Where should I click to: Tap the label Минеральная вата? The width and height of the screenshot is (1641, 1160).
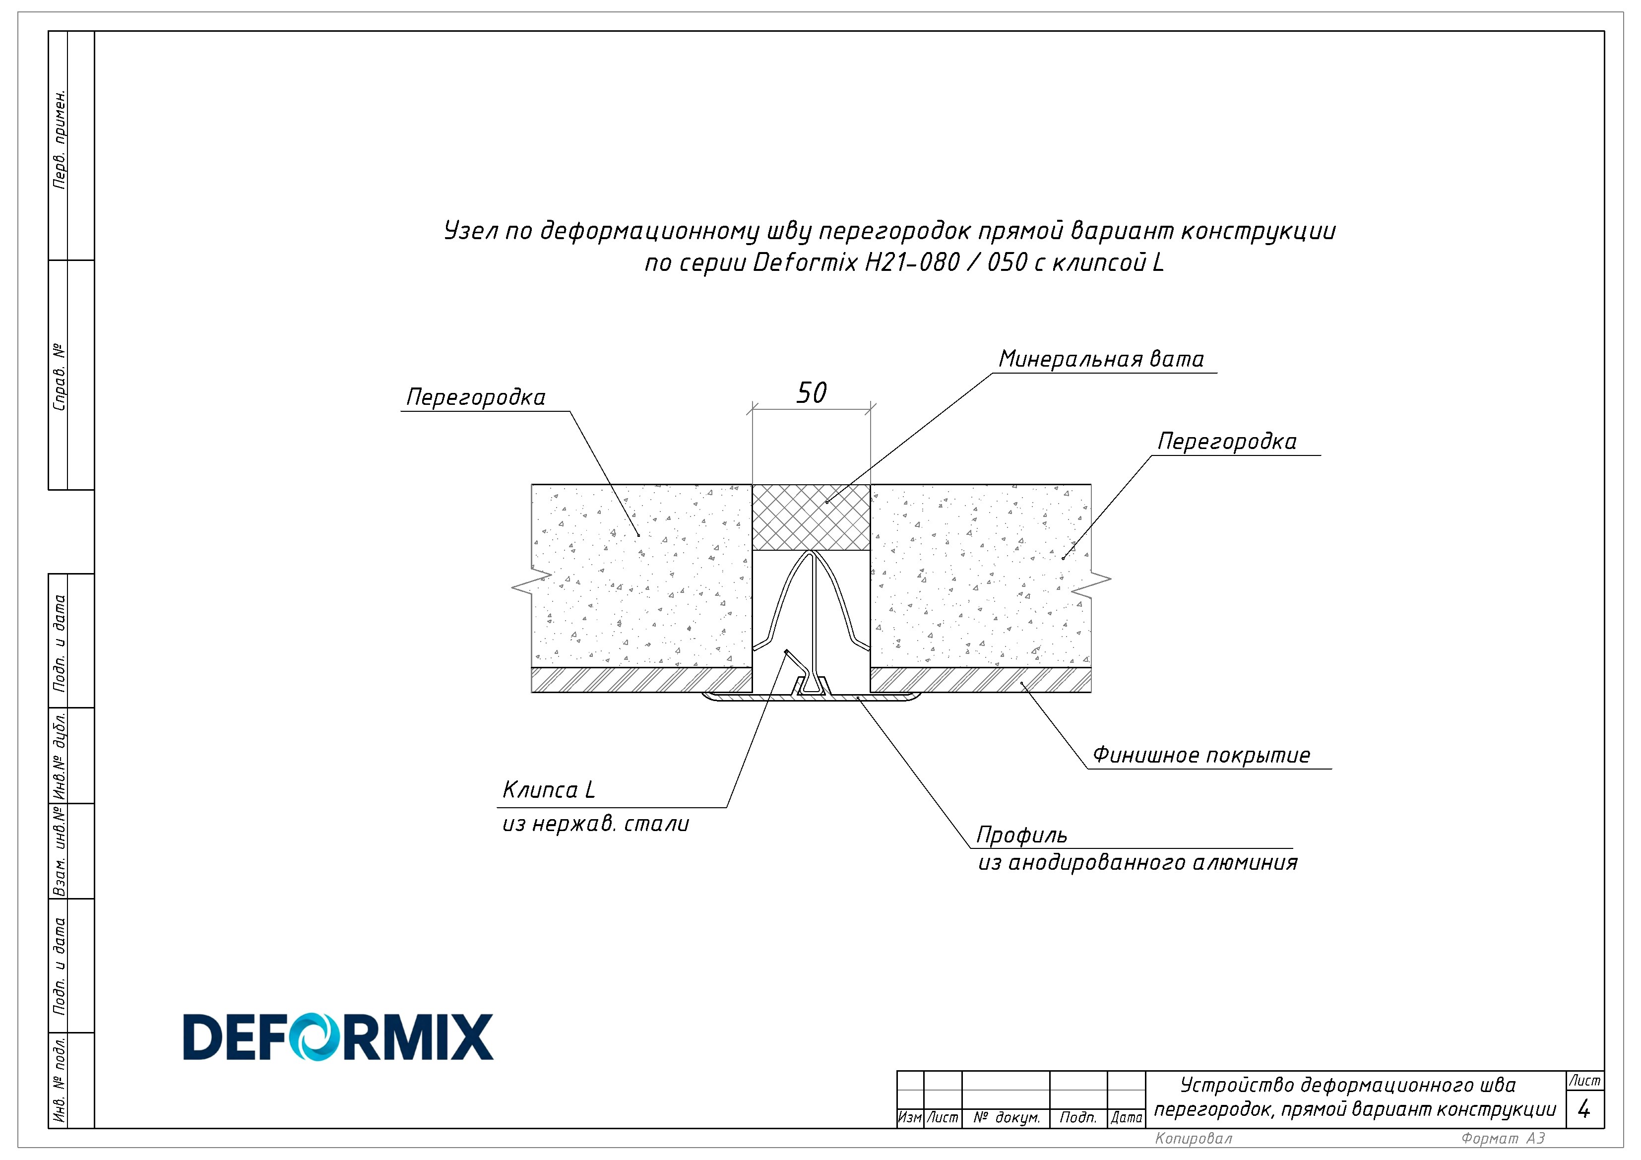[1101, 359]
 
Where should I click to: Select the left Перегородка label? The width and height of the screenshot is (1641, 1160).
[475, 398]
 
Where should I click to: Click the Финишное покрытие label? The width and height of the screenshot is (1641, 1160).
[1201, 756]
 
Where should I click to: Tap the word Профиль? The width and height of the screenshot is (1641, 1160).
[1022, 836]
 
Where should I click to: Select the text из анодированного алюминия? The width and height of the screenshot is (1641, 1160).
[1138, 863]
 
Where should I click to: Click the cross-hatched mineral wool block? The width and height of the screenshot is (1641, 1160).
[811, 517]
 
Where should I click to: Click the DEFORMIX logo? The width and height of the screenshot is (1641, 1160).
[338, 1036]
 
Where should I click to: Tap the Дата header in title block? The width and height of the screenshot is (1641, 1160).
[1127, 1118]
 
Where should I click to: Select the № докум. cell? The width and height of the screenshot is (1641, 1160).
[1007, 1118]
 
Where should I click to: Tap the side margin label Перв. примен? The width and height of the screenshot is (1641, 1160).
[60, 139]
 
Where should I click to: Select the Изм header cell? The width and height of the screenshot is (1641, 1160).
[910, 1118]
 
